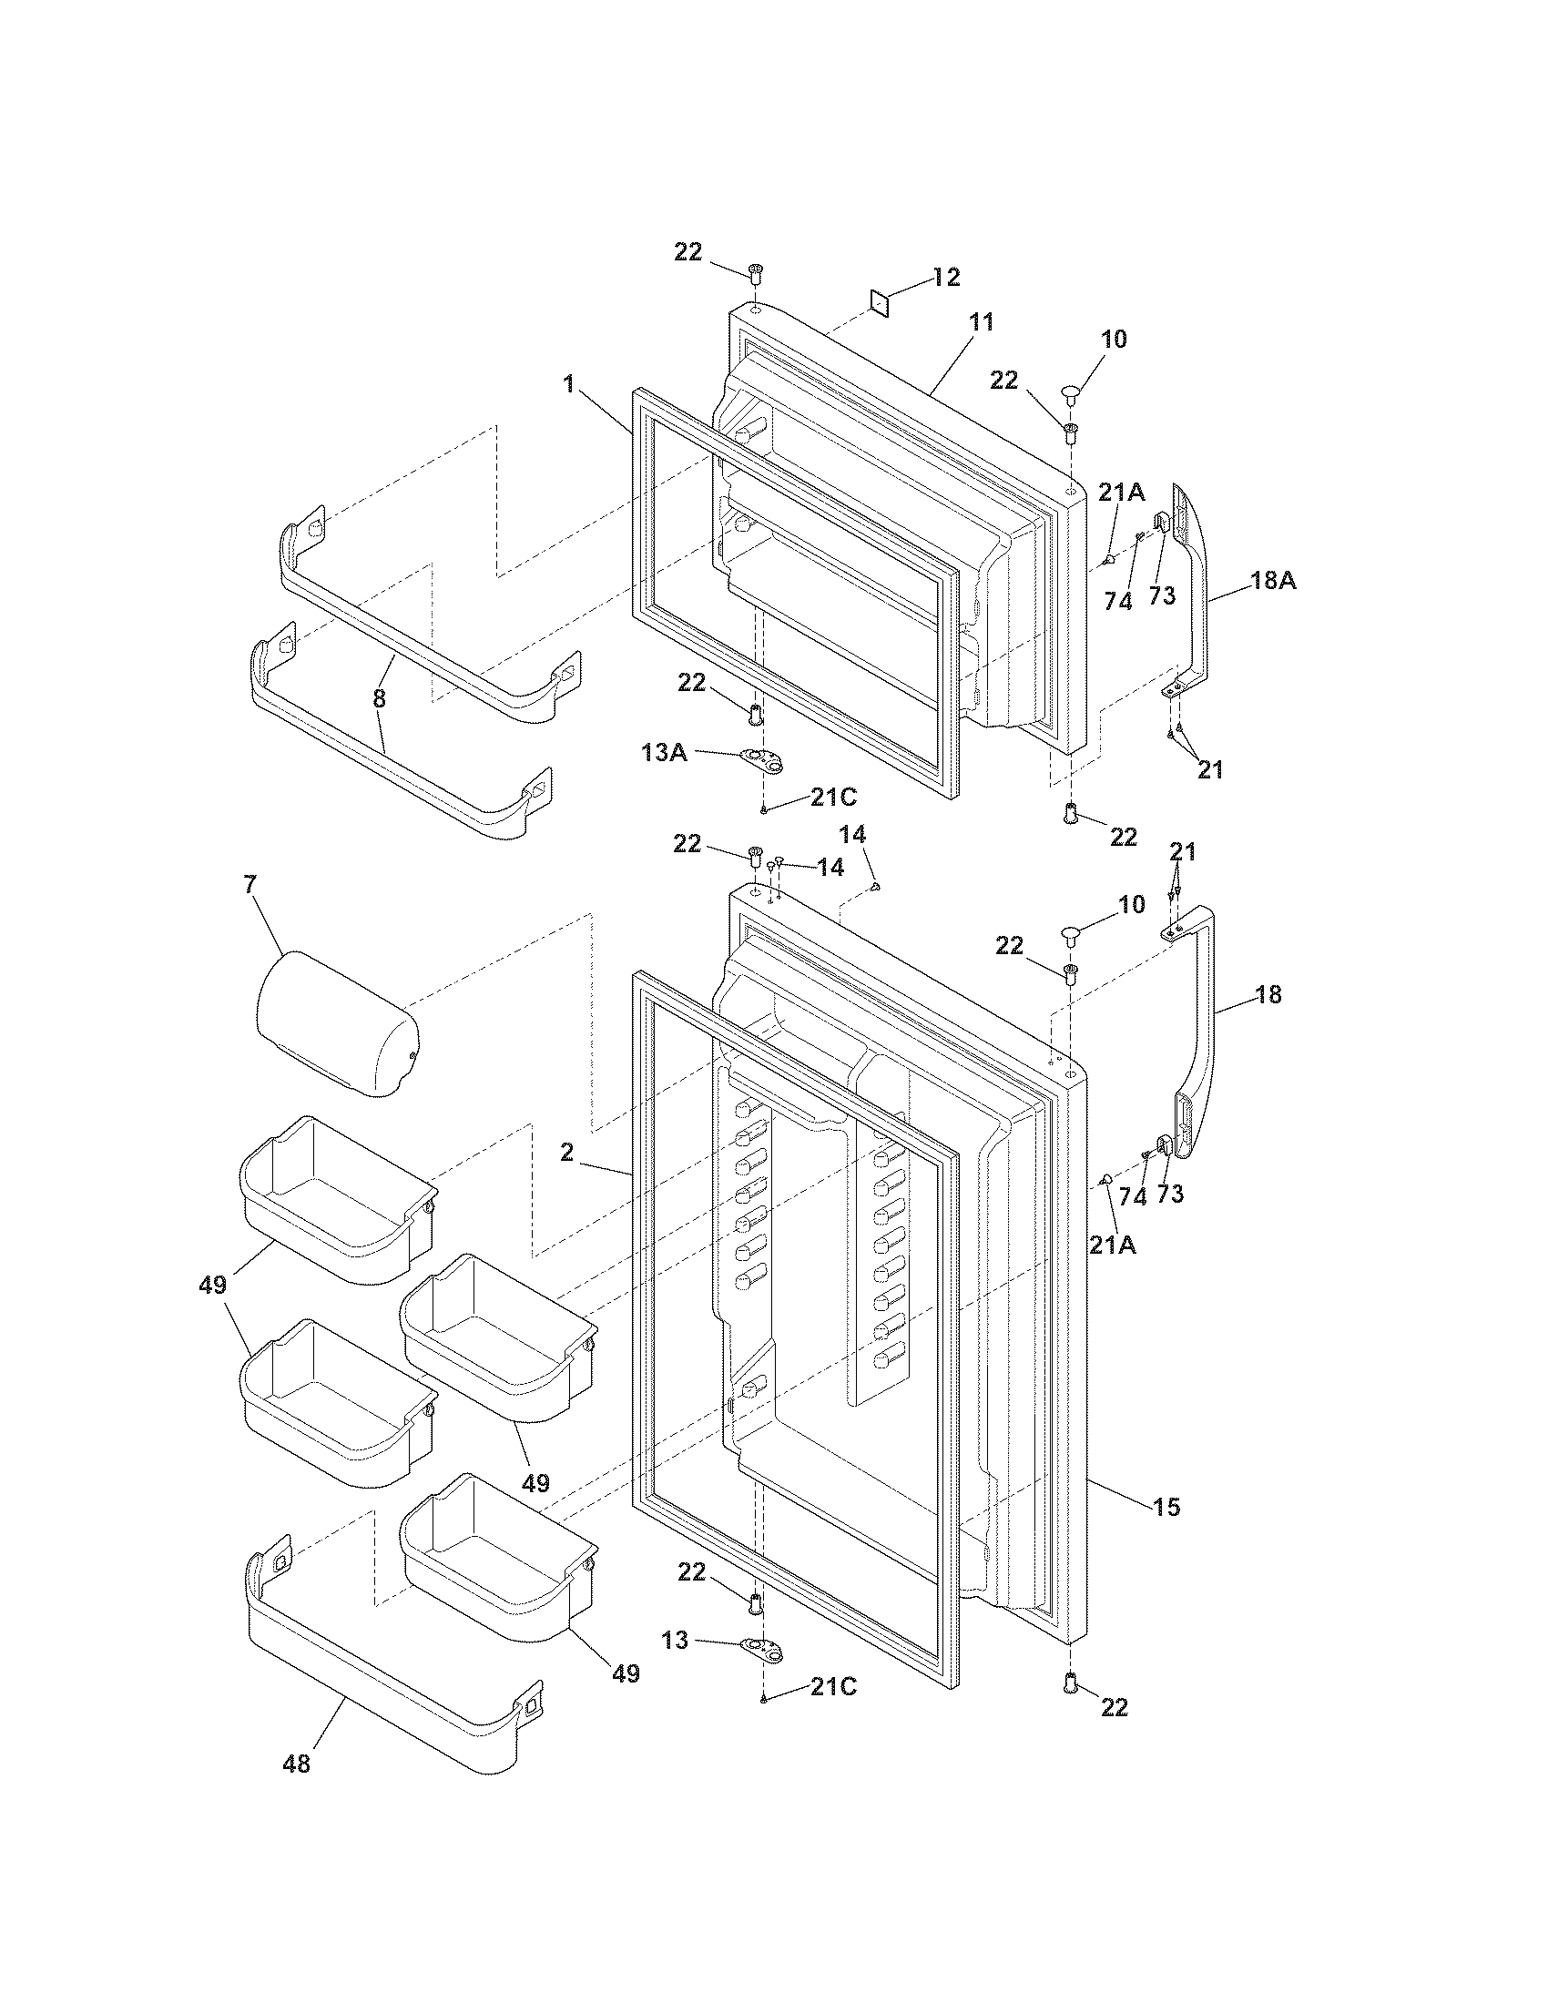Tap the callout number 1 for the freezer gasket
[569, 383]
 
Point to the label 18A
[1274, 580]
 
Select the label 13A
[665, 753]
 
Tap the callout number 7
[250, 884]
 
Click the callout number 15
[1166, 1506]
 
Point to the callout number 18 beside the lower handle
[1268, 994]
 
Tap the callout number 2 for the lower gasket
[566, 1153]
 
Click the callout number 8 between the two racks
[379, 699]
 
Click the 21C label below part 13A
[832, 798]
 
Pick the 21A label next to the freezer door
[1122, 493]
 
